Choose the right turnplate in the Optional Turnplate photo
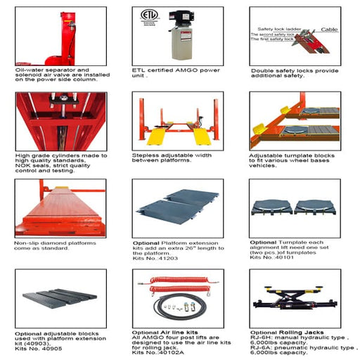coord(313,207)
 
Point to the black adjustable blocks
coord(56,297)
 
